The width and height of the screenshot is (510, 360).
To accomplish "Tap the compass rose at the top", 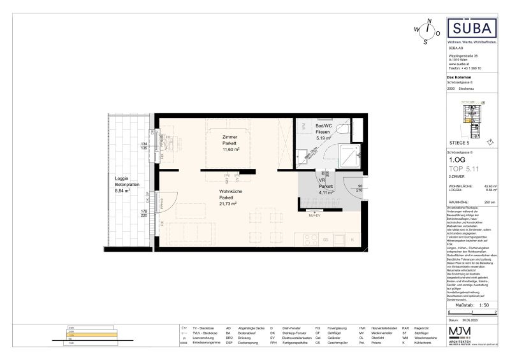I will tap(428, 29).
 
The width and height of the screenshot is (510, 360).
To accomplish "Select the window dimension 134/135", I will tap(144, 146).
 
